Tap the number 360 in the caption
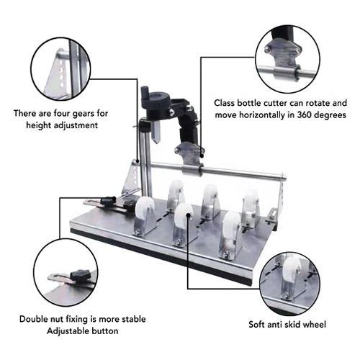pyautogui.click(x=305, y=114)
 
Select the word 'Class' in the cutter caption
pyautogui.click(x=225, y=103)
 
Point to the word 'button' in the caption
pyautogui.click(x=104, y=331)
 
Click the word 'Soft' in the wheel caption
pyautogui.click(x=257, y=325)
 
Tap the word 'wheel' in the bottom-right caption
pyautogui.click(x=315, y=325)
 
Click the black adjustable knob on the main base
pyautogui.click(x=109, y=199)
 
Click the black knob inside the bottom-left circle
pyautogui.click(x=81, y=274)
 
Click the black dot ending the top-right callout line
pyautogui.click(x=202, y=156)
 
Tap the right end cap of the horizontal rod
pyautogui.click(x=284, y=178)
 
